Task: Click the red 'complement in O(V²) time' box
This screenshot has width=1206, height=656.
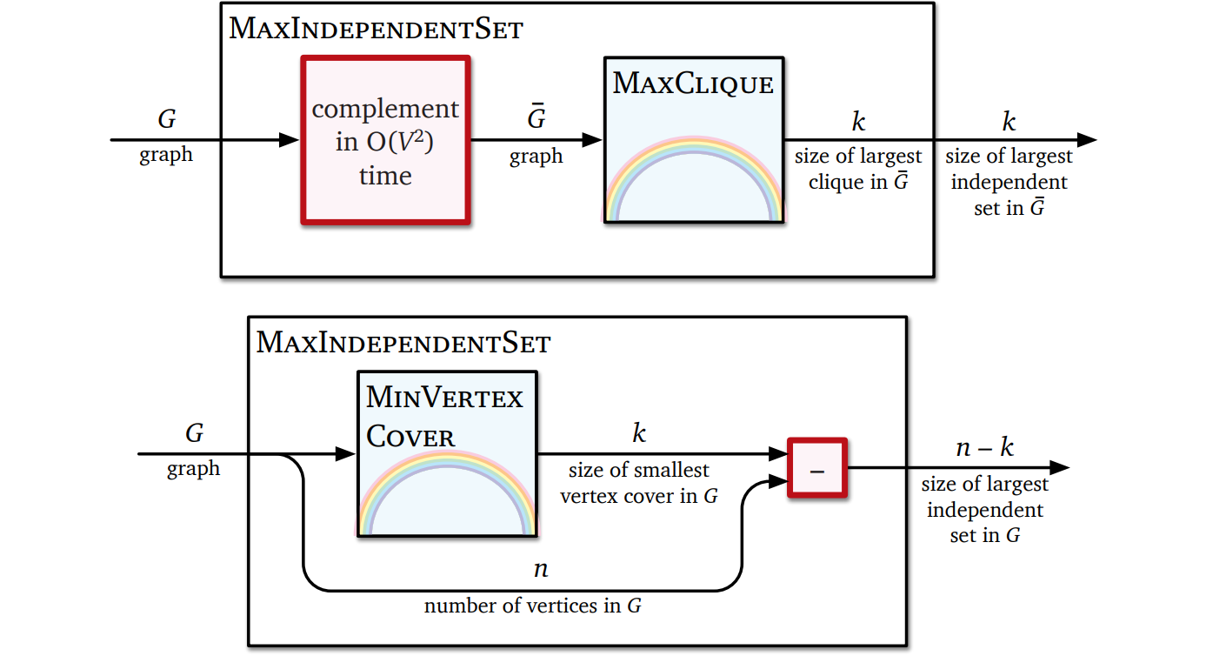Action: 385,140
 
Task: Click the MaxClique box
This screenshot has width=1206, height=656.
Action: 693,140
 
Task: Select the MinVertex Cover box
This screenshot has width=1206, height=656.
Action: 447,453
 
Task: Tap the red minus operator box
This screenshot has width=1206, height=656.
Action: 816,468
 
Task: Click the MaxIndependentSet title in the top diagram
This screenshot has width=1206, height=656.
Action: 376,30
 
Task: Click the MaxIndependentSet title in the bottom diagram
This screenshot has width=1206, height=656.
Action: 403,343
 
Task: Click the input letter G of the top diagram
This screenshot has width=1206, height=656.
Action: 166,120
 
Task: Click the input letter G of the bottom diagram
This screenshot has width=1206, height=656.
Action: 194,433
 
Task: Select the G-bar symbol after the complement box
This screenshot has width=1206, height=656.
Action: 536,119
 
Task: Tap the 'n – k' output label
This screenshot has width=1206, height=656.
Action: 984,447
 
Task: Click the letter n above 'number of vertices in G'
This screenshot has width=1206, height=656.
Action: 540,570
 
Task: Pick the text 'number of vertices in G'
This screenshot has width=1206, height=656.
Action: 532,606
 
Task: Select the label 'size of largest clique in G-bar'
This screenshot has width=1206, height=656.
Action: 858,170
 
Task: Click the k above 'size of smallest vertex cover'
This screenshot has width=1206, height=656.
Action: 639,433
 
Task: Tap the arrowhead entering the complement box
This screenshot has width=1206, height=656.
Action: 290,140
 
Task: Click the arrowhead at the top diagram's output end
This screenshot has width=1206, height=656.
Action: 1086,140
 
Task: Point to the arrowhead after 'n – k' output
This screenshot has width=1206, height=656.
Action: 1059,468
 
